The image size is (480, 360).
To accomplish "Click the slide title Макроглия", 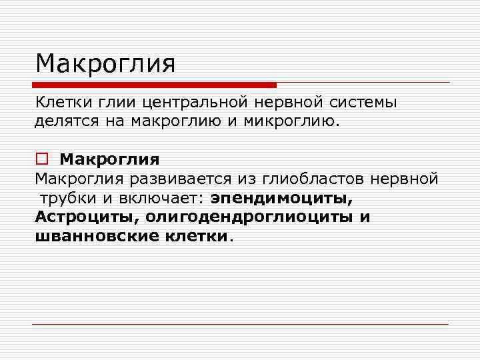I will pos(105,65).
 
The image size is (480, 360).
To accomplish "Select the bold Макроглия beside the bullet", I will pos(109,160).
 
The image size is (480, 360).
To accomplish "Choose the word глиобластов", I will pos(303,179).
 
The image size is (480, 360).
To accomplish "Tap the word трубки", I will pos(64,199).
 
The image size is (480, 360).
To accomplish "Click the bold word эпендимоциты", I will pos(283,199).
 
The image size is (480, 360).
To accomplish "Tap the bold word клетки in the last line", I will pos(195,236).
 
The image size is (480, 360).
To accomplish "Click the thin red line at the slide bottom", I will pos(240,325).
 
